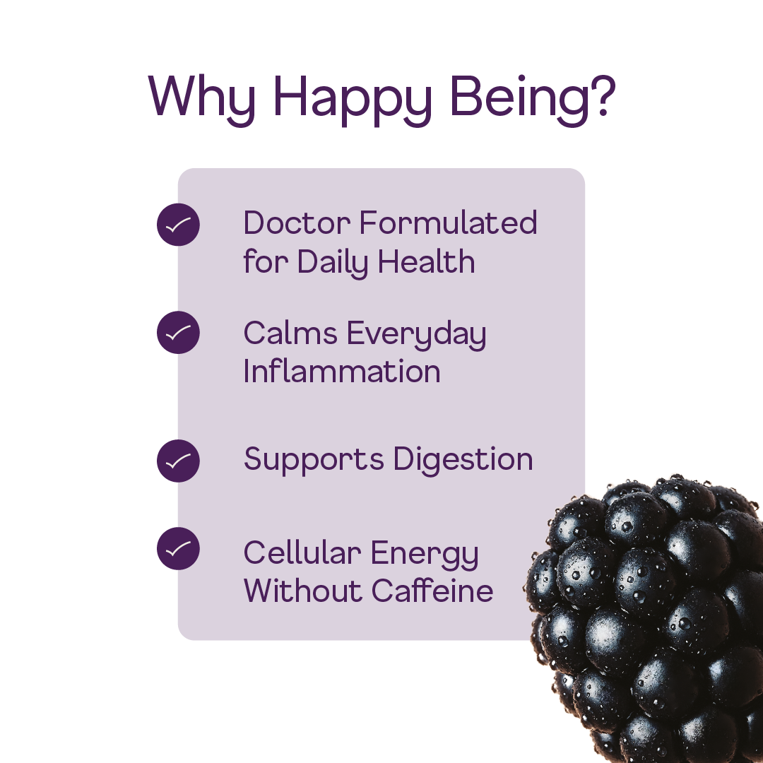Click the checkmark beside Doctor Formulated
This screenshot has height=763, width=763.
pyautogui.click(x=178, y=225)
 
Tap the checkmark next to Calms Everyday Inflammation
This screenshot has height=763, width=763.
pyautogui.click(x=178, y=332)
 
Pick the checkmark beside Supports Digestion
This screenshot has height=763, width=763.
pyautogui.click(x=178, y=461)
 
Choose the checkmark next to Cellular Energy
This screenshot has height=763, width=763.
pyautogui.click(x=178, y=548)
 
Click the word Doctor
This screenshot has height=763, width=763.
pyautogui.click(x=297, y=223)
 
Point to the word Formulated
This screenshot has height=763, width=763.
pyautogui.click(x=448, y=223)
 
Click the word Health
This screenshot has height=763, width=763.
pyautogui.click(x=426, y=262)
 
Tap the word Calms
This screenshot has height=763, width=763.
pyautogui.click(x=290, y=333)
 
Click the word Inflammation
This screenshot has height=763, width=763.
pyautogui.click(x=342, y=372)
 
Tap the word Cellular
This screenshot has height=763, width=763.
pyautogui.click(x=302, y=552)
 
